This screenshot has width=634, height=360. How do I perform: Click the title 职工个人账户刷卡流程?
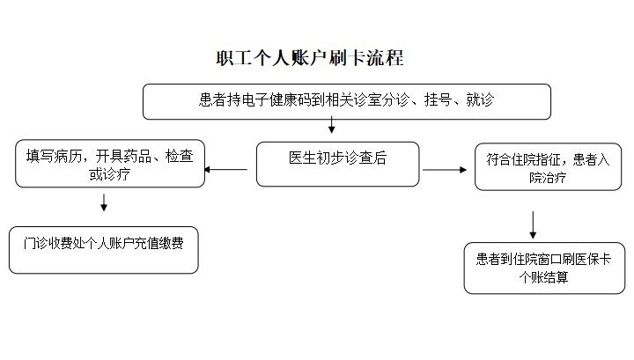pyautogui.click(x=310, y=58)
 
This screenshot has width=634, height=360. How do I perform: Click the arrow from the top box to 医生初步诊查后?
pyautogui.click(x=332, y=125)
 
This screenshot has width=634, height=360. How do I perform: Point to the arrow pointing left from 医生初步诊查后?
pyautogui.click(x=226, y=169)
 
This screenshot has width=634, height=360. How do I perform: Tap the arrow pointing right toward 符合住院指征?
pyautogui.click(x=445, y=170)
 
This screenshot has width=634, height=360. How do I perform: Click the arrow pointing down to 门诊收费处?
pyautogui.click(x=104, y=202)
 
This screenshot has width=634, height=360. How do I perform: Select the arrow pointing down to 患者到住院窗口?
pyautogui.click(x=533, y=225)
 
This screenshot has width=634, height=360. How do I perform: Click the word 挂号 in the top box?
pyautogui.click(x=438, y=99)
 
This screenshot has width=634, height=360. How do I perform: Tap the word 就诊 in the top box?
pyautogui.click(x=480, y=99)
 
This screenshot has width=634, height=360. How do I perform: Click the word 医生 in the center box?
pyautogui.click(x=302, y=158)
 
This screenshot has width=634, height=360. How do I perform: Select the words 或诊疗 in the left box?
pyautogui.click(x=109, y=174)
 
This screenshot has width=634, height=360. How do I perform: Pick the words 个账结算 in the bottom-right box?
pyautogui.click(x=544, y=277)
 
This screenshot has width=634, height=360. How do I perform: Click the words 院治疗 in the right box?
pyautogui.click(x=548, y=178)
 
